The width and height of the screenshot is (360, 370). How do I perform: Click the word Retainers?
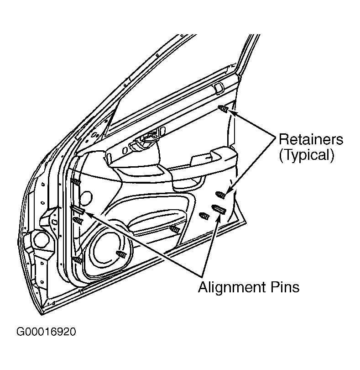[311, 139]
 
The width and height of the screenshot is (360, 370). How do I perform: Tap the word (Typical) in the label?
[307, 155]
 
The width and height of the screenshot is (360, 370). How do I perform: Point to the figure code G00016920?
[46, 332]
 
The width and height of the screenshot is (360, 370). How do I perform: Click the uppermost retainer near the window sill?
[223, 109]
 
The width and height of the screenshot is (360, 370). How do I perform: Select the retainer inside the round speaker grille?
[121, 254]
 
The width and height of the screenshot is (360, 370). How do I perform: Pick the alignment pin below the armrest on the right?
[219, 209]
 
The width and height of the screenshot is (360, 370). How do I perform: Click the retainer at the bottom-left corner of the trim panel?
[77, 260]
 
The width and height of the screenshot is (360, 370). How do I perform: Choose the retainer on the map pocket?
[175, 228]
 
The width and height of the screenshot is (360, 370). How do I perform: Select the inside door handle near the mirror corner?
[144, 142]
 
